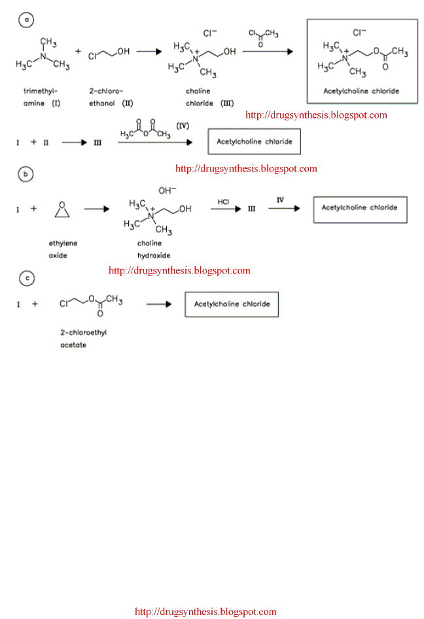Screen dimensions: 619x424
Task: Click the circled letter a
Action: (x=26, y=20)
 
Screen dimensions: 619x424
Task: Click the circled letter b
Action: (x=26, y=174)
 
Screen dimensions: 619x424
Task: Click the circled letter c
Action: (x=26, y=279)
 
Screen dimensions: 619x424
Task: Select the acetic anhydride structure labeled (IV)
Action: (x=145, y=130)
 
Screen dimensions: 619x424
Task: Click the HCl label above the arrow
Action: (x=224, y=202)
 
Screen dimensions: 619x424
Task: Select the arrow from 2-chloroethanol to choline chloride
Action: (x=149, y=51)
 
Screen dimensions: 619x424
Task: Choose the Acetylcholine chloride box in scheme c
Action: (x=232, y=304)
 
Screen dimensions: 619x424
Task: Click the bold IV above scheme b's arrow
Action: (x=280, y=200)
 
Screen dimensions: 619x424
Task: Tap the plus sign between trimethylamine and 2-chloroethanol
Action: (x=78, y=50)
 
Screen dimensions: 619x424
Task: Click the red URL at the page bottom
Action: (x=205, y=612)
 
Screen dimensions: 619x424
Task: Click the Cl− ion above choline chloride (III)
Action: (x=210, y=32)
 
